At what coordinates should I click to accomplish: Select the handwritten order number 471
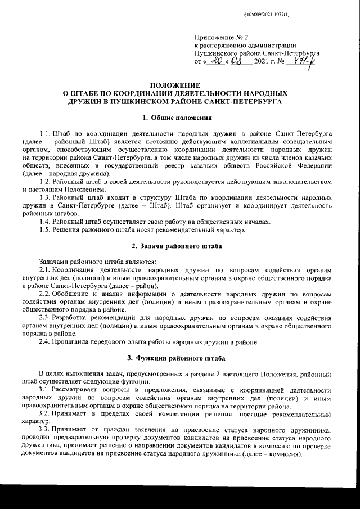[x=301, y=60]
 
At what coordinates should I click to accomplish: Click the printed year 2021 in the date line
[x=264, y=60]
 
